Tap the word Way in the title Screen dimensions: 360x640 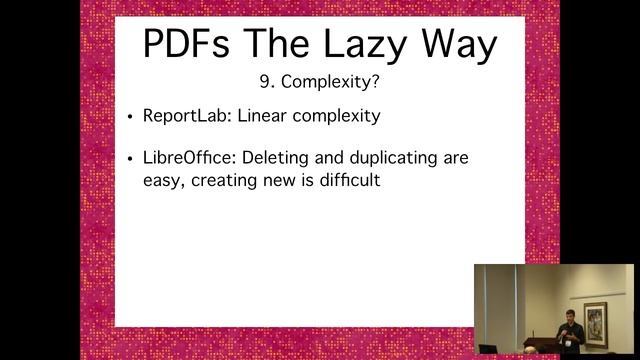click(462, 44)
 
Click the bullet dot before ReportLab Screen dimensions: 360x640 click(131, 117)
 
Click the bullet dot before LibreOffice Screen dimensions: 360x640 click(131, 160)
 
